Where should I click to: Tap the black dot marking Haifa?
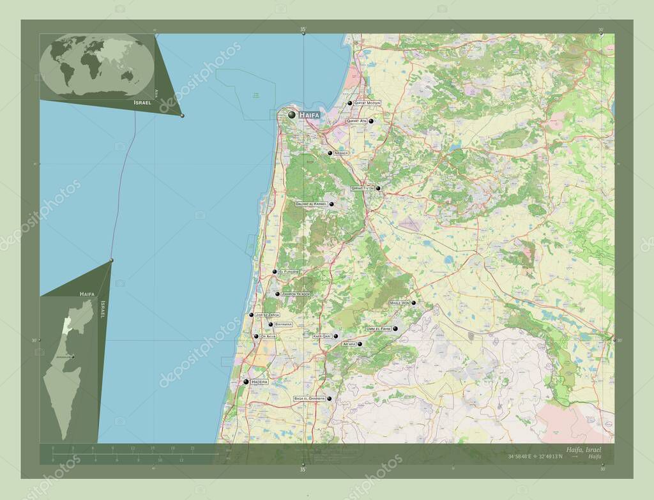tap(293, 115)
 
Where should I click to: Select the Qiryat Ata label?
tap(356, 121)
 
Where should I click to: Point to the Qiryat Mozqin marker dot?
tap(350, 103)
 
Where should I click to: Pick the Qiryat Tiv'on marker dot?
tap(378, 188)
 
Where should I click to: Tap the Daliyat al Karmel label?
tap(311, 204)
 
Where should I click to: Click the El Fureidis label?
tap(288, 272)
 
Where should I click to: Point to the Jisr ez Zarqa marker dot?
tap(251, 315)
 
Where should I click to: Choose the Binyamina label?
tap(283, 324)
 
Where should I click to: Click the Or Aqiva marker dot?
tap(256, 337)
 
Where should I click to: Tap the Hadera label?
tap(259, 382)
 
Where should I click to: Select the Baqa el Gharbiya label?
tap(309, 398)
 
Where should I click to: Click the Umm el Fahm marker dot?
tap(395, 329)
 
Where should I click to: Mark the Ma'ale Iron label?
tap(399, 303)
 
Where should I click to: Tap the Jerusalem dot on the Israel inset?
tap(73, 357)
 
